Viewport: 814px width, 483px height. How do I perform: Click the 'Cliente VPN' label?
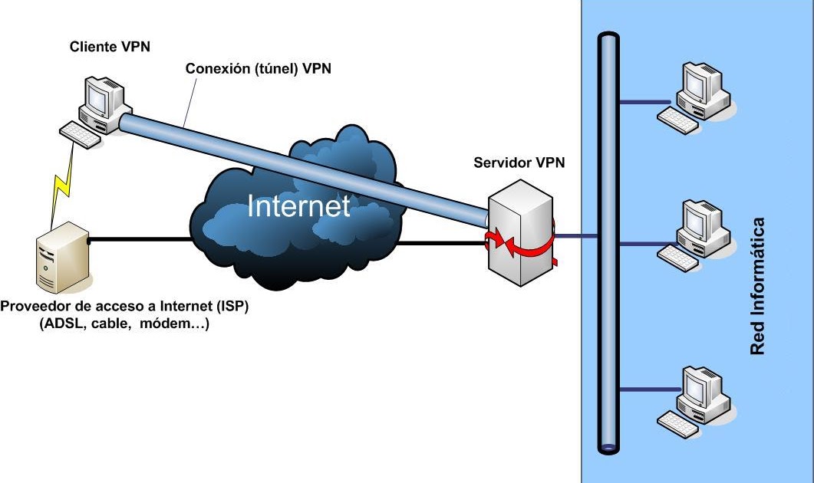tap(109, 47)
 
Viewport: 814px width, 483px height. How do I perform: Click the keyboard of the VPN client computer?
tap(79, 135)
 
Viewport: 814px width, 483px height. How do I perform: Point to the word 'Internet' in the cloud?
tap(298, 206)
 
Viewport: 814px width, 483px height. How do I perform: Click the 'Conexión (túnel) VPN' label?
tap(259, 69)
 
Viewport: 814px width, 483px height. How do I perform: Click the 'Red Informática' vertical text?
tap(758, 286)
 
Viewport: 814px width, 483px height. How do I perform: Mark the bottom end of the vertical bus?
tap(608, 445)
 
